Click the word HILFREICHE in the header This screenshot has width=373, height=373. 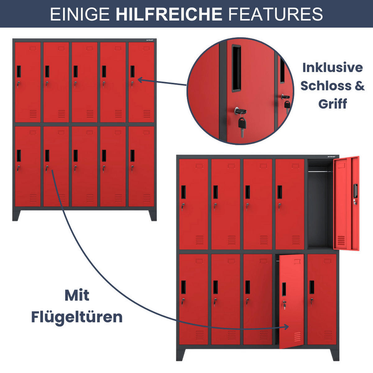coord(169,14)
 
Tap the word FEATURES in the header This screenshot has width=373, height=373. coord(275,14)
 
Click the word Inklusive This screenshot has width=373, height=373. coord(332,67)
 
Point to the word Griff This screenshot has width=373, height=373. coord(332,104)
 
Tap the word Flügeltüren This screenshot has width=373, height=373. coord(77,317)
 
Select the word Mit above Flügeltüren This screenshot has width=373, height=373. coord(77,295)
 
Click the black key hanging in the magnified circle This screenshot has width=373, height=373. coord(242,124)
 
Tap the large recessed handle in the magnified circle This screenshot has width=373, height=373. coord(236,68)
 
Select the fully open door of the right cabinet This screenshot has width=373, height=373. coord(346,203)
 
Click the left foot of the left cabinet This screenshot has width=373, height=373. coord(16,215)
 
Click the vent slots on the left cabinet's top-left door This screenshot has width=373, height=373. coord(33,114)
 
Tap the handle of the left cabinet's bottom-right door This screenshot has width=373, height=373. coord(132,156)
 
